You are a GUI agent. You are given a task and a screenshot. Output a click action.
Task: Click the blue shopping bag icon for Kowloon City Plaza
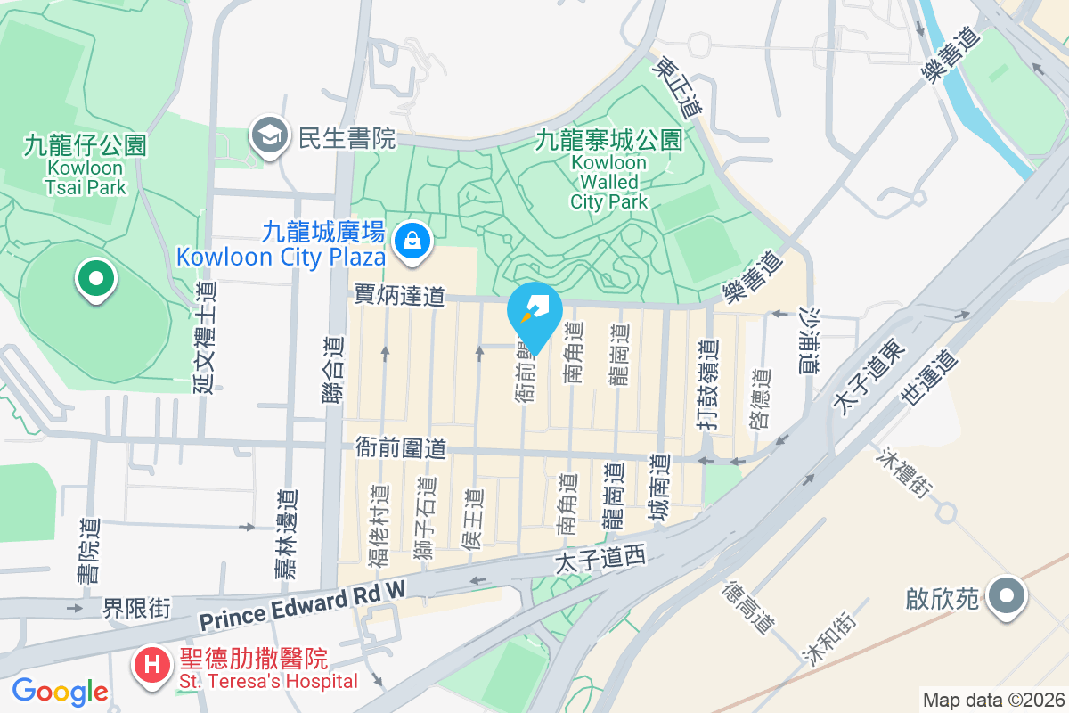click(x=412, y=240)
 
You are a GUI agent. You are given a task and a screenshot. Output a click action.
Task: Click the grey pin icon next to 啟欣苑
click(x=1008, y=595)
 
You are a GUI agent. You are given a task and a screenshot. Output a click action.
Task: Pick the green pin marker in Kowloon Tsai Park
click(x=96, y=278)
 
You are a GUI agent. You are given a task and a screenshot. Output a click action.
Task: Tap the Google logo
click(x=60, y=692)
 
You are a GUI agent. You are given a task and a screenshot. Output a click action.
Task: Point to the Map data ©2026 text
click(x=993, y=700)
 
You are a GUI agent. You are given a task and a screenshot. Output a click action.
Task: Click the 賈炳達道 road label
click(x=399, y=296)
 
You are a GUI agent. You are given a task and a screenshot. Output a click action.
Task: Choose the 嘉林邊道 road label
click(x=285, y=535)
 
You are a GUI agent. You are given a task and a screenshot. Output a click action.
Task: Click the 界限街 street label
click(x=136, y=609)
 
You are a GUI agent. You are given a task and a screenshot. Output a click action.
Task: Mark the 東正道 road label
click(x=678, y=89)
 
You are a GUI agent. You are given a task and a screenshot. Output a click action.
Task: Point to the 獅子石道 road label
click(x=425, y=520)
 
